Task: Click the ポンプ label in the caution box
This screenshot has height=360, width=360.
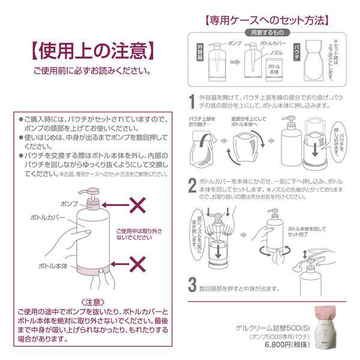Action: (x=70, y=204)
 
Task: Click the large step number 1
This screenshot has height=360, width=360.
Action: (x=191, y=100)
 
